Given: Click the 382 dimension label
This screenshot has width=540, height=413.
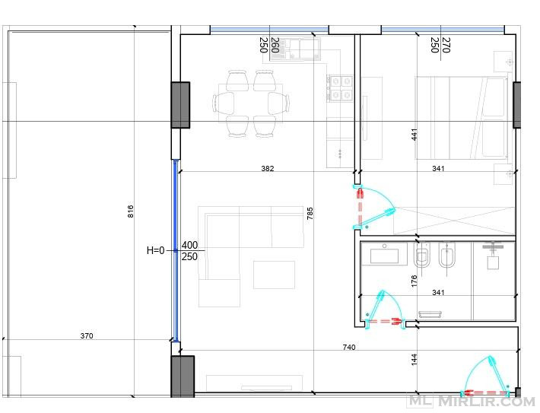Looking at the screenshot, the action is pos(268,168).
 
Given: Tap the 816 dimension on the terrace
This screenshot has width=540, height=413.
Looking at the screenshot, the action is pos(131,211).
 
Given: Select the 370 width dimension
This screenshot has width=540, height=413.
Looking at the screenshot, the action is pos(87,336).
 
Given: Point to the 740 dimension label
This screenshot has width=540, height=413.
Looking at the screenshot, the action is pos(349,348).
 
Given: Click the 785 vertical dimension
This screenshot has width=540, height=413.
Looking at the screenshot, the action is pos(310,214).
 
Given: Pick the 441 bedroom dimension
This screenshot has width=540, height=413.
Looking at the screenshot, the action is pos(415,135).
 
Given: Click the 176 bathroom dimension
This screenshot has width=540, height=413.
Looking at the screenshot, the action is pos(415,281).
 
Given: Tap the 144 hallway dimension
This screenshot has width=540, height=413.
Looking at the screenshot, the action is pos(415,359).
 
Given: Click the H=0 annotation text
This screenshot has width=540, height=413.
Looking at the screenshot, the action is pos(156,250).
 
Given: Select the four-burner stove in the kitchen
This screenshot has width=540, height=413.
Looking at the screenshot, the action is pos(340,88).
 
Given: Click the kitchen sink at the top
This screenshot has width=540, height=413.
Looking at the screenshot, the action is pos(295,49).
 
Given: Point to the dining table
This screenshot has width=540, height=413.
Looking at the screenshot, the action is pos(251,103).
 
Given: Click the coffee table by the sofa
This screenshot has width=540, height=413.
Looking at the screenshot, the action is pos(274,275).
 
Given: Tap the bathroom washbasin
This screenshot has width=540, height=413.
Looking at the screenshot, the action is pos(384,256).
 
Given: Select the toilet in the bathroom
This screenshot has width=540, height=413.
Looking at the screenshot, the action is pos(422,255).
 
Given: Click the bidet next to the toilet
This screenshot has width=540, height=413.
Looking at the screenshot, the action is pos(447,255).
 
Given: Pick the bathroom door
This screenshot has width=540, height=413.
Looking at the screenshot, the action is pos(385,310).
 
